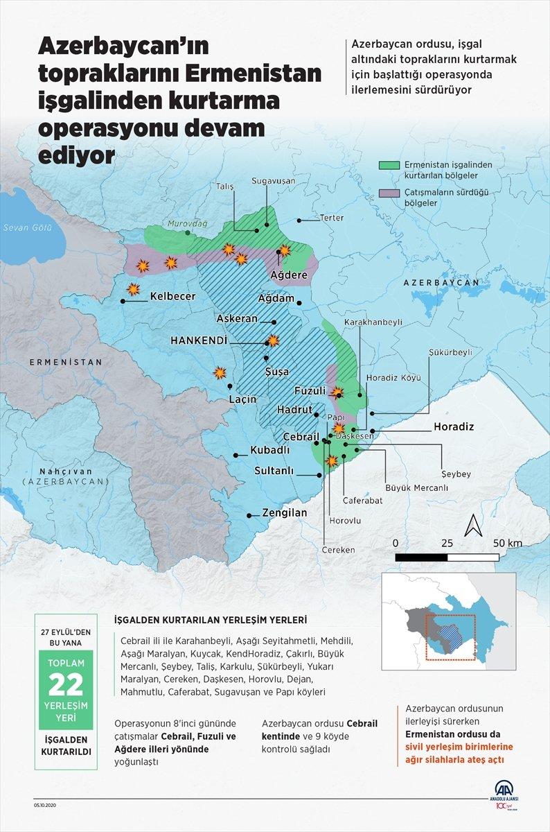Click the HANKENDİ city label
pos(199,340)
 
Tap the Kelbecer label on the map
pos(172,296)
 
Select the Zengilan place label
pos(284,513)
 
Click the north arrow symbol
pos(474,526)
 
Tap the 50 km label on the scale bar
pos(508,542)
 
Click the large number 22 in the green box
pos(65,685)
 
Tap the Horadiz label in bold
pos(454,426)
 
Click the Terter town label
pos(331,218)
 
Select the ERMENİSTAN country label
pos(66,362)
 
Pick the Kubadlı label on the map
pos(270,449)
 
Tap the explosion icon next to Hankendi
pos(274,340)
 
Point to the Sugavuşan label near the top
pos(273,180)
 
